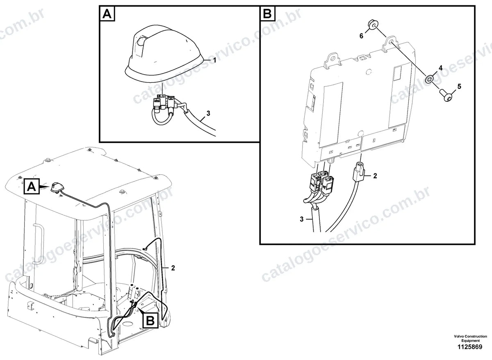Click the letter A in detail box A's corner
point(107,14)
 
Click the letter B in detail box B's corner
point(267,14)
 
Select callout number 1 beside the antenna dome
point(214,60)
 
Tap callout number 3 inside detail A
point(208,113)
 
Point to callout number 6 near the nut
point(361,36)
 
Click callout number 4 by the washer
point(440,68)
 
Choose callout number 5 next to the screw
point(459,87)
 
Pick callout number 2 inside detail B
point(375,176)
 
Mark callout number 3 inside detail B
point(302,219)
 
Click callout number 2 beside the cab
point(173,268)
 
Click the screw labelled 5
point(446,95)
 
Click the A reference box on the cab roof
point(32,187)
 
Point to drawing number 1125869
point(470,347)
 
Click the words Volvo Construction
point(471,336)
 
